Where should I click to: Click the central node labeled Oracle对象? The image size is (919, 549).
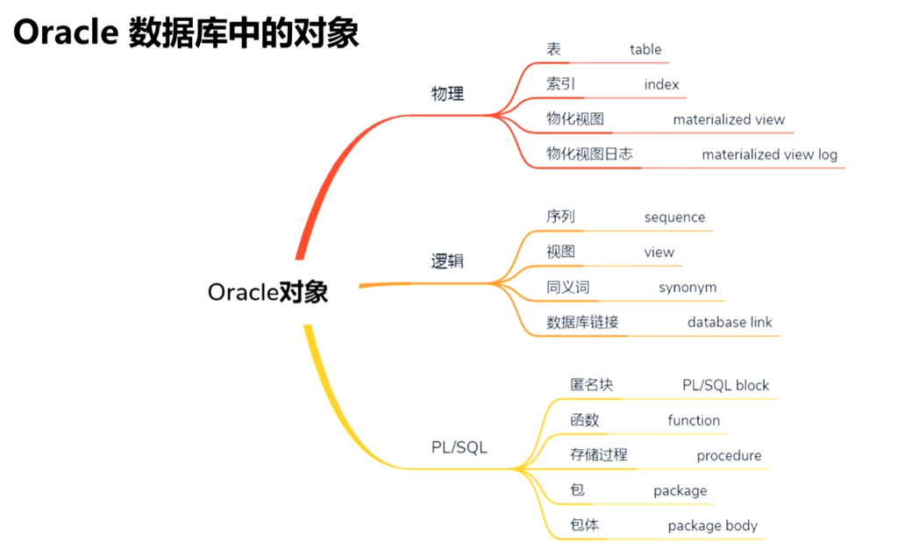267,292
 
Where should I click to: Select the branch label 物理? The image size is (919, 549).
447,94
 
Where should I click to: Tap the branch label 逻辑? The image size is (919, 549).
447,261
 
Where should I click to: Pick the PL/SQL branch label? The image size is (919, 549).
459,447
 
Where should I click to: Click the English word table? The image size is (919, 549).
645,49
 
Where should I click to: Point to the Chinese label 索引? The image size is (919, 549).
560,84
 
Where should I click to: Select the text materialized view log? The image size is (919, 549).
769,154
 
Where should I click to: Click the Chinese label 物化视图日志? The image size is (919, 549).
589,153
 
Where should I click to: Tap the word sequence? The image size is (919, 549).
674,217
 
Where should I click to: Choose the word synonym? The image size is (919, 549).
687,287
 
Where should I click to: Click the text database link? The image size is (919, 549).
730,322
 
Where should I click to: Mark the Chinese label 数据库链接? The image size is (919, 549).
582,322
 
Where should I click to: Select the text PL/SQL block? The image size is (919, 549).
725,385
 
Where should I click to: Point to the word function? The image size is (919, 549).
694,420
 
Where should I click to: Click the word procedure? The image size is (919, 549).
729,455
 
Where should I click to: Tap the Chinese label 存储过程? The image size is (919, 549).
599,455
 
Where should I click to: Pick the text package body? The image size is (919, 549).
712,525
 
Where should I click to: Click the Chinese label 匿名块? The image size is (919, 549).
592,384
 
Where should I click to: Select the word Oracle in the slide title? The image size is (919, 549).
66,32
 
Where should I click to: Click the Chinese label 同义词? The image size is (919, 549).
567,287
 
